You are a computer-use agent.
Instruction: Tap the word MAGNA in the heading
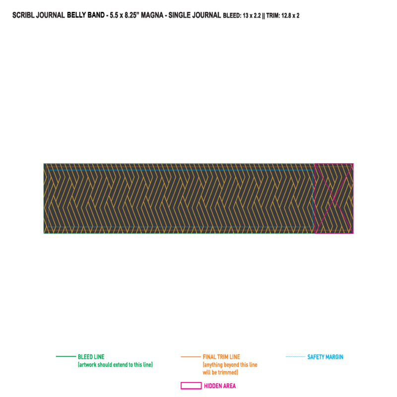152,15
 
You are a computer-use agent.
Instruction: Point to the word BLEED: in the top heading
232,16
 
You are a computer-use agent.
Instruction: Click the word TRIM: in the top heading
273,16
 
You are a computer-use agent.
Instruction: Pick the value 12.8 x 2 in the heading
290,16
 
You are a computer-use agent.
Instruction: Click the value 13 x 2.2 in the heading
252,16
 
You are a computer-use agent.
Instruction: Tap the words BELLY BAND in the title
85,15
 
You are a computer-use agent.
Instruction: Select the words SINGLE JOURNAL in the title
195,15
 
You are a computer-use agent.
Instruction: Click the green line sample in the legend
66,356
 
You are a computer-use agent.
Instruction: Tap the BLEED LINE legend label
91,357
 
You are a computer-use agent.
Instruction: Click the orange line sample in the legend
191,357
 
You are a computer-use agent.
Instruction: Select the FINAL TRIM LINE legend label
221,357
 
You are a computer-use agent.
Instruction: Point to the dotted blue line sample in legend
295,356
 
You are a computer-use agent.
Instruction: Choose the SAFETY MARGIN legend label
326,357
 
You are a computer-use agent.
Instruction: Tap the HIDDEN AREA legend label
220,386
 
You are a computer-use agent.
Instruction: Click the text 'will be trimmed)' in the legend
220,373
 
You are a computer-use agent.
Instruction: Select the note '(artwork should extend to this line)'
115,365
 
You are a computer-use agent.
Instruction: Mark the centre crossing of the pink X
334,198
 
